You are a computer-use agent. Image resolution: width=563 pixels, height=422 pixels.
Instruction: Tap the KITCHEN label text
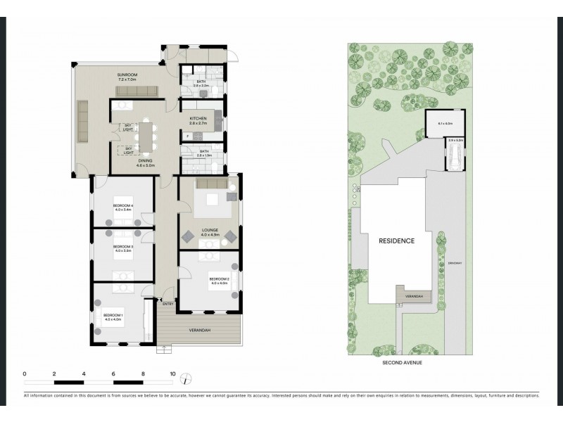[x=197, y=118]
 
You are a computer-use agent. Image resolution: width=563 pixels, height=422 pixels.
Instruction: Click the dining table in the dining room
[x=146, y=136]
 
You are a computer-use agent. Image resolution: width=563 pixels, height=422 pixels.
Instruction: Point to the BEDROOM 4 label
[x=122, y=206]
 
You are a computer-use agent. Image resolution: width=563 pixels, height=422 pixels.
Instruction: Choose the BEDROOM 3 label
[x=122, y=247]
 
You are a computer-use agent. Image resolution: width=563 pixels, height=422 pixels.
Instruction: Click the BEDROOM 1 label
[x=113, y=314]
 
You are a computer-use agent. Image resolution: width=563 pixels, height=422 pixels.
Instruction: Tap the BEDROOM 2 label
[x=219, y=279]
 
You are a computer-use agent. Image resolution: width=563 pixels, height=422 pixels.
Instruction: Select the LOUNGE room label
[x=210, y=230]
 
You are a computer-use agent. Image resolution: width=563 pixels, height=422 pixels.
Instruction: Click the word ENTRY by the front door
[x=167, y=303]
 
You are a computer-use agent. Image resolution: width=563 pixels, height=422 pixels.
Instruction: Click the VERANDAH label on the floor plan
[x=200, y=329]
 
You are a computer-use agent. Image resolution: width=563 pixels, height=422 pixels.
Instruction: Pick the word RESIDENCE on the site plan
[x=396, y=241]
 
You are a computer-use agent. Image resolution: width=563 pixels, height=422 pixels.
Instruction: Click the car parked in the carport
[x=454, y=155]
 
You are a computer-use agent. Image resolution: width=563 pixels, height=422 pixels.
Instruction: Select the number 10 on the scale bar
[x=172, y=373]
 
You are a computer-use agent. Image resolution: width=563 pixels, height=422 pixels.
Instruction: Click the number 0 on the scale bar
[x=25, y=373]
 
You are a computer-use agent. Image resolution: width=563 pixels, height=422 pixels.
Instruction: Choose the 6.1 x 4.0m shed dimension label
[x=445, y=124]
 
